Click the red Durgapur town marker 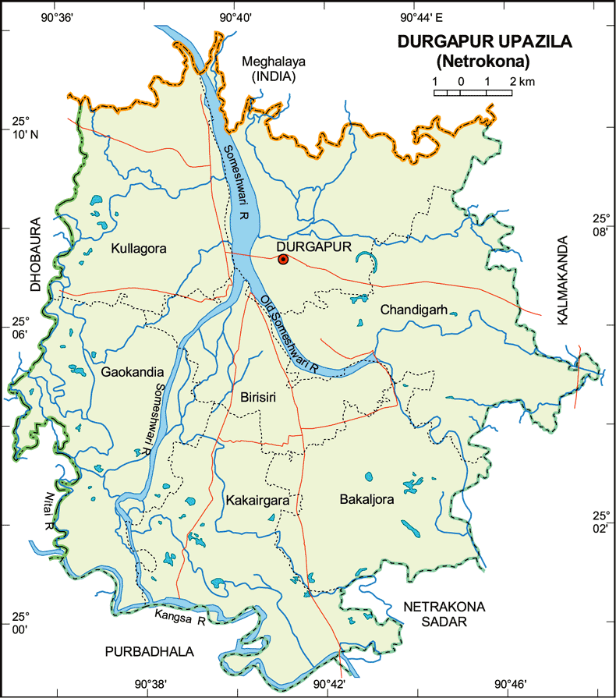[x=283, y=260]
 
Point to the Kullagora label [x=139, y=248]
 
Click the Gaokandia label [x=132, y=372]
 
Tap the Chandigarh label [x=413, y=310]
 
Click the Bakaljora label [x=367, y=498]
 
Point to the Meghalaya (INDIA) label [x=268, y=69]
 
